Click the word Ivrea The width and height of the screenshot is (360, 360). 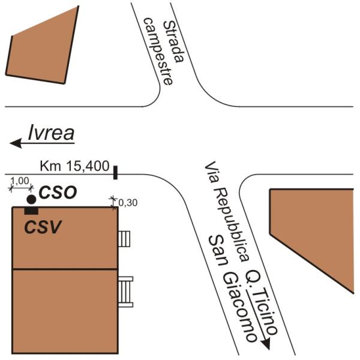[52, 133]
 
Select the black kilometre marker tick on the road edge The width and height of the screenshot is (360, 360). [115, 173]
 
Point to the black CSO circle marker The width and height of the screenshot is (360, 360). [31, 199]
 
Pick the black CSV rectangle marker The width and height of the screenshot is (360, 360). [31, 210]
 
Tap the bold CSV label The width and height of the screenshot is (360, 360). [43, 227]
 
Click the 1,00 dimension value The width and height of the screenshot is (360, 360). [21, 180]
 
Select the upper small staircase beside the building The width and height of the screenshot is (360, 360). [125, 239]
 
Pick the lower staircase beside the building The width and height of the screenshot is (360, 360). [125, 291]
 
